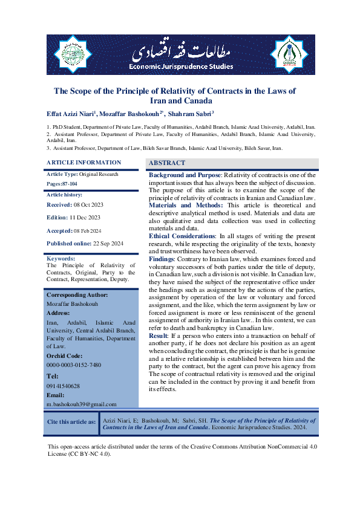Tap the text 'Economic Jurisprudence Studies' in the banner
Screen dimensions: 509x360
(180, 65)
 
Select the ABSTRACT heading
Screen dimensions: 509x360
(167, 163)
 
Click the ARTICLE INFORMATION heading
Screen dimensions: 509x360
(83, 163)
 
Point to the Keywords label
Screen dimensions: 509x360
(61, 258)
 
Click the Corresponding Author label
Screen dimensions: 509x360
(77, 294)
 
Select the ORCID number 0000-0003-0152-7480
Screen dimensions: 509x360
(74, 365)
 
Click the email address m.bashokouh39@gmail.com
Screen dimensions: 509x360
(82, 404)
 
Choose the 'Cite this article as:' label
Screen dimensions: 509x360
(71, 422)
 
